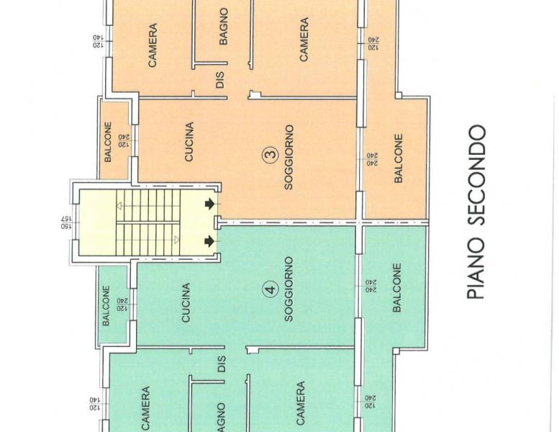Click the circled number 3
271,156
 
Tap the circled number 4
271,289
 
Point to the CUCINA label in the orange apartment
189,142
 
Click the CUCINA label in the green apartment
186,303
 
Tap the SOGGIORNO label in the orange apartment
288,157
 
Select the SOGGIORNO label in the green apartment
288,289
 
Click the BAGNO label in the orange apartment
223,27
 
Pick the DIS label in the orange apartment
220,80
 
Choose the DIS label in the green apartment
221,364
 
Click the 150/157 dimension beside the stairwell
67,222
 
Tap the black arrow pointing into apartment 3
209,204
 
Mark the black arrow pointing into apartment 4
209,241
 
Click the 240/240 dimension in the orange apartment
373,159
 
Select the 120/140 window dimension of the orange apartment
99,41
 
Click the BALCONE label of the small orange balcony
108,142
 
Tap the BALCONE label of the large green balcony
397,287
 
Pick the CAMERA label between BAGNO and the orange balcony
304,40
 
